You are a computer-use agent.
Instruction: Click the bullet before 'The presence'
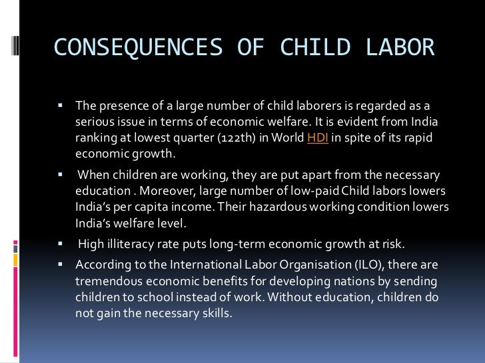click(59, 106)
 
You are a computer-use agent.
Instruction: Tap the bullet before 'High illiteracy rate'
click(59, 243)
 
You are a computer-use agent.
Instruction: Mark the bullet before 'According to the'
click(59, 265)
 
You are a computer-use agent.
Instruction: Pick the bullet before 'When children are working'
click(59, 174)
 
